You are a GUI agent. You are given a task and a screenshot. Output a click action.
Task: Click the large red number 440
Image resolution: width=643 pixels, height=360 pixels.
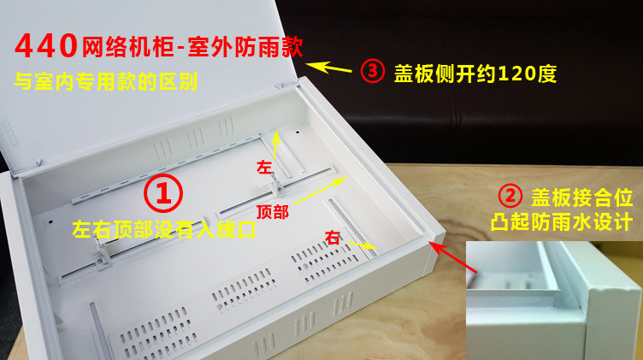click(x=46, y=45)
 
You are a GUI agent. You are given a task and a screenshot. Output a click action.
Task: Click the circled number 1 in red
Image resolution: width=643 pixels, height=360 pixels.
click(x=163, y=192)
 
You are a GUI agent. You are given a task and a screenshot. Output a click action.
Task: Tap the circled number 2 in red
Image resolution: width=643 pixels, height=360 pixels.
click(x=510, y=196)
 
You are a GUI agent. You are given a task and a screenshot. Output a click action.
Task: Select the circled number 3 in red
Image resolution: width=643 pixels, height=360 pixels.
click(x=372, y=71)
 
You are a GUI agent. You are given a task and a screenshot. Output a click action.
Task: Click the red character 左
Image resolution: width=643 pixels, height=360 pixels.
click(x=264, y=167)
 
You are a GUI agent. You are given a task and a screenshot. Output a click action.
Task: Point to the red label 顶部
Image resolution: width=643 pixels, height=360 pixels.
click(x=272, y=212)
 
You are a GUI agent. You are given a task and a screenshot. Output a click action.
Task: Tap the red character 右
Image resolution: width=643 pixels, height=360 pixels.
click(x=333, y=238)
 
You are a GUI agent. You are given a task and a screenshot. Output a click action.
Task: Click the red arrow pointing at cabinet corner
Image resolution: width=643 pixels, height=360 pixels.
click(x=452, y=257)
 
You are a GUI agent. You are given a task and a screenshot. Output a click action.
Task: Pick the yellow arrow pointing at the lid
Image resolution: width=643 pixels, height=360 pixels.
click(x=328, y=68)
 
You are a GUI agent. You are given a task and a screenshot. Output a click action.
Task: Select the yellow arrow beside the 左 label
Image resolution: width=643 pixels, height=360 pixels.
click(x=276, y=145)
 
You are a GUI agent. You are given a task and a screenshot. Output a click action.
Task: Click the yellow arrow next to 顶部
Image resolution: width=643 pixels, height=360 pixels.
click(x=321, y=190)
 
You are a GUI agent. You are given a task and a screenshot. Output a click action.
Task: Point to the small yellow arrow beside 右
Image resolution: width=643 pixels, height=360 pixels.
click(x=362, y=245)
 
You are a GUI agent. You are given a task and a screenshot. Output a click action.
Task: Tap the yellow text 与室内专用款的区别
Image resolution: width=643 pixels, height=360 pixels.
click(x=106, y=81)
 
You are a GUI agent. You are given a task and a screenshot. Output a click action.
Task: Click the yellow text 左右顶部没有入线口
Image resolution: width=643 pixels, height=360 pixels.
click(x=164, y=230)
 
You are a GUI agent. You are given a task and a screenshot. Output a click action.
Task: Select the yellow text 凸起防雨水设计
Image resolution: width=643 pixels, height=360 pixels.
click(x=562, y=221)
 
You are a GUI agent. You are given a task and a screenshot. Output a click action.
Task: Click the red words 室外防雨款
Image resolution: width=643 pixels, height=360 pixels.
click(x=245, y=47)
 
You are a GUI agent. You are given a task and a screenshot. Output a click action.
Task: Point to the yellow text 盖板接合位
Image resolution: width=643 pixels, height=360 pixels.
click(x=582, y=198)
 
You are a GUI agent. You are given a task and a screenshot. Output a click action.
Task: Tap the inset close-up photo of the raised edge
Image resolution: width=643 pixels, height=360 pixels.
click(x=554, y=300)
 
